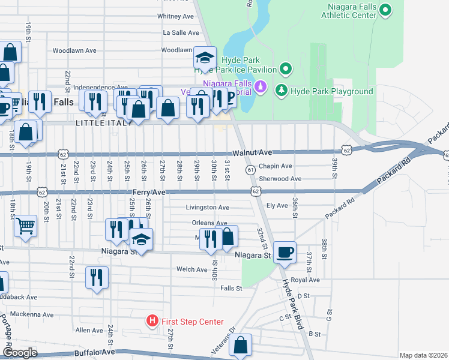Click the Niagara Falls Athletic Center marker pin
pos(386,10)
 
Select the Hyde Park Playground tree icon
pos(280,91)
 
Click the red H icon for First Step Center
pos(152,322)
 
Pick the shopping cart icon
pos(25,226)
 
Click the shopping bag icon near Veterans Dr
pos(240,345)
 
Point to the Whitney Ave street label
pos(175,16)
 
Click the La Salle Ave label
pos(181,33)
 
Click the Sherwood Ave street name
pos(280,179)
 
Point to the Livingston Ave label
pos(208,208)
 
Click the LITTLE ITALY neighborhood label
pos(100,123)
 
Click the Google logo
pos(20,353)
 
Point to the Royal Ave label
pos(305,280)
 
